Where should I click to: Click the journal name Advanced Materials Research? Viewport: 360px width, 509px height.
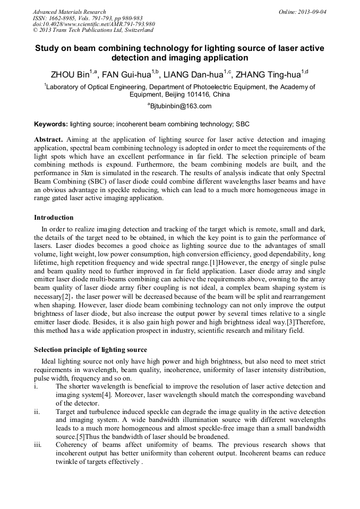pos(69,12)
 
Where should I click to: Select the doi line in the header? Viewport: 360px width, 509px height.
pos(93,24)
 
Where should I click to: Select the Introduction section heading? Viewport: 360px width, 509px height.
pos(54,218)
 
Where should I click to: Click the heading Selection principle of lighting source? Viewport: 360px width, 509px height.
pos(90,350)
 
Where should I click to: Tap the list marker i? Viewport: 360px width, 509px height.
pos(36,386)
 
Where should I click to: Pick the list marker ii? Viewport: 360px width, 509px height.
pos(36,412)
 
